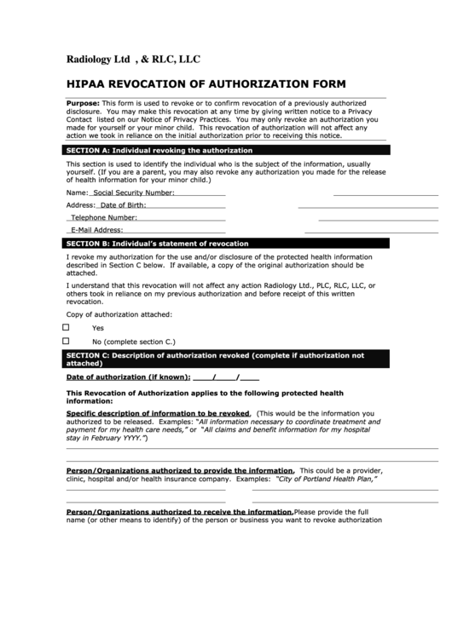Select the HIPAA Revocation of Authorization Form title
206,83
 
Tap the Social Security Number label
133,193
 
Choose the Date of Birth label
123,205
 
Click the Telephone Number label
104,217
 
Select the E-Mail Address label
97,230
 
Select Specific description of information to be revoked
158,413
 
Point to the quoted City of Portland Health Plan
327,479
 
